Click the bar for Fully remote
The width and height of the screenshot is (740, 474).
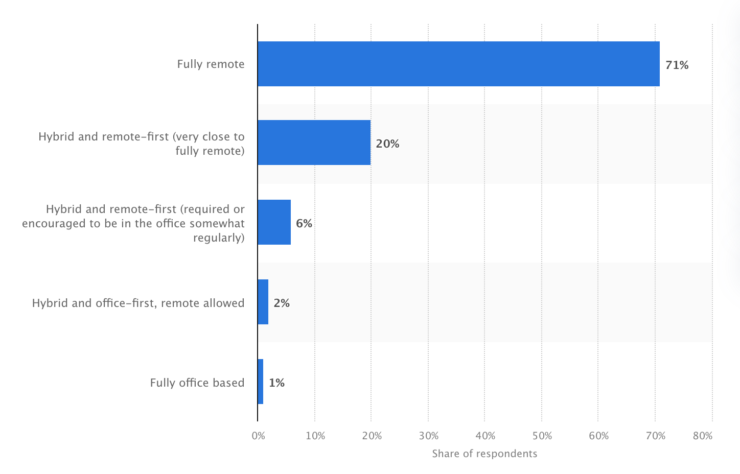pos(458,64)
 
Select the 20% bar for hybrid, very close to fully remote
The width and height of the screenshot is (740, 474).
pos(314,143)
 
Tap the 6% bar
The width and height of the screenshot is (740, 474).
pos(274,222)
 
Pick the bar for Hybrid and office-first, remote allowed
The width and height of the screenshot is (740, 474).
pos(263,302)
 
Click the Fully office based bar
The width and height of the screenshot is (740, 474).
pos(261,382)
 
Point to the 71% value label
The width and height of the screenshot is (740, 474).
pos(677,65)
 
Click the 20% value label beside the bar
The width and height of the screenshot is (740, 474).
pos(387,144)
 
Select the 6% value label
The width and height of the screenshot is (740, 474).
pos(304,223)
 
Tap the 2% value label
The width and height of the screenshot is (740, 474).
pos(282,303)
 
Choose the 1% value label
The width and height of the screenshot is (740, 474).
pos(276,383)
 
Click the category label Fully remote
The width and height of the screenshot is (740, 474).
pos(211,64)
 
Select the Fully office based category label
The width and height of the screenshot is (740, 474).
pos(197,383)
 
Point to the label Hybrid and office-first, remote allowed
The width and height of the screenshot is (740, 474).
pos(138,303)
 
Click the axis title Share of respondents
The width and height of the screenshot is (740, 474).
pos(484,454)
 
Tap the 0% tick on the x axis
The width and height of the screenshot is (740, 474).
pos(259,436)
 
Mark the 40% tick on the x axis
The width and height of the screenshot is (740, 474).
pos(485,436)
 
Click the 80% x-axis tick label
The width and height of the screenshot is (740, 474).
pos(703,436)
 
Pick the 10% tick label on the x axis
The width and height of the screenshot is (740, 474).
pos(315,436)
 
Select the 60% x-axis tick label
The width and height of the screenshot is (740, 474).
pos(598,436)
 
